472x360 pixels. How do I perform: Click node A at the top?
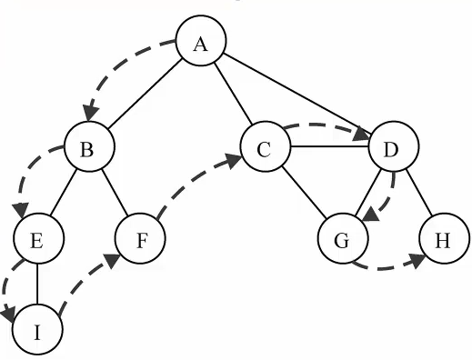pos(201,40)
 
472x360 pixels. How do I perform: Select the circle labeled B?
pos(90,146)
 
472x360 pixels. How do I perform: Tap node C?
pos(266,146)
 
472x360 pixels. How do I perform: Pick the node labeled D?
pos(394,146)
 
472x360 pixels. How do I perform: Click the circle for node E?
pos(39,238)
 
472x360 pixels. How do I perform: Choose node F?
pos(140,238)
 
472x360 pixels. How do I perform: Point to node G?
pos(344,238)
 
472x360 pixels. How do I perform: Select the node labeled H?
pos(445,238)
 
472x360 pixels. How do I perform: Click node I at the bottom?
pos(37,329)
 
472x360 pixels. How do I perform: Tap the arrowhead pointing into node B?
pos(91,114)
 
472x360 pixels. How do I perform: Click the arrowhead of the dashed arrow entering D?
pos(362,134)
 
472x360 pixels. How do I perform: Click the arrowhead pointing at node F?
pos(112,260)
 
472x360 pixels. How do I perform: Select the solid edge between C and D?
pos(330,147)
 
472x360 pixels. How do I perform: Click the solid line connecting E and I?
pos(37,285)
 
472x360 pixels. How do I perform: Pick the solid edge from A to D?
pos(297,94)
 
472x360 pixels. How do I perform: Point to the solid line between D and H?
pos(418,192)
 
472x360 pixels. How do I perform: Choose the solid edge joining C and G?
pos(304,192)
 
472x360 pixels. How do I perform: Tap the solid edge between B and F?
pos(115,192)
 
